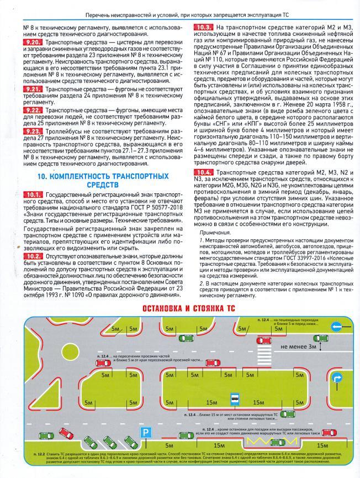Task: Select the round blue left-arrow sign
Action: coord(337,328)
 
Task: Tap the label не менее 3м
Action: coord(297,347)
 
